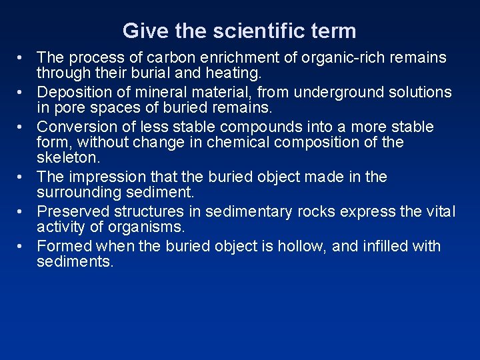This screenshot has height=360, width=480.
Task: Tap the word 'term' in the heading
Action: (x=335, y=31)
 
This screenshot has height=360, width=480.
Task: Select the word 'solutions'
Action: (x=416, y=92)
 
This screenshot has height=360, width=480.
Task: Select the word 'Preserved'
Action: (x=73, y=211)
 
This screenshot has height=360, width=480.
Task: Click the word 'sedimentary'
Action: (x=248, y=211)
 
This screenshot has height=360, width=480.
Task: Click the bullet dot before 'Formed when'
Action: (x=22, y=247)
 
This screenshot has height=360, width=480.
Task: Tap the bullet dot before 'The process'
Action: (x=22, y=58)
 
